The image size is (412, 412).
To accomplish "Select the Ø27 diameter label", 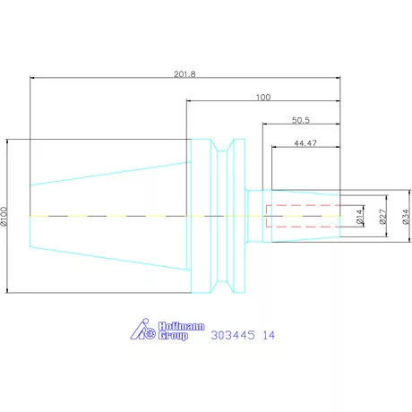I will pos(382,217).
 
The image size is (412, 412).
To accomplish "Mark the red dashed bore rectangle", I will pos(303,216).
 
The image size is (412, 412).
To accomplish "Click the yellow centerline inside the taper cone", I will pos(107,217).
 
